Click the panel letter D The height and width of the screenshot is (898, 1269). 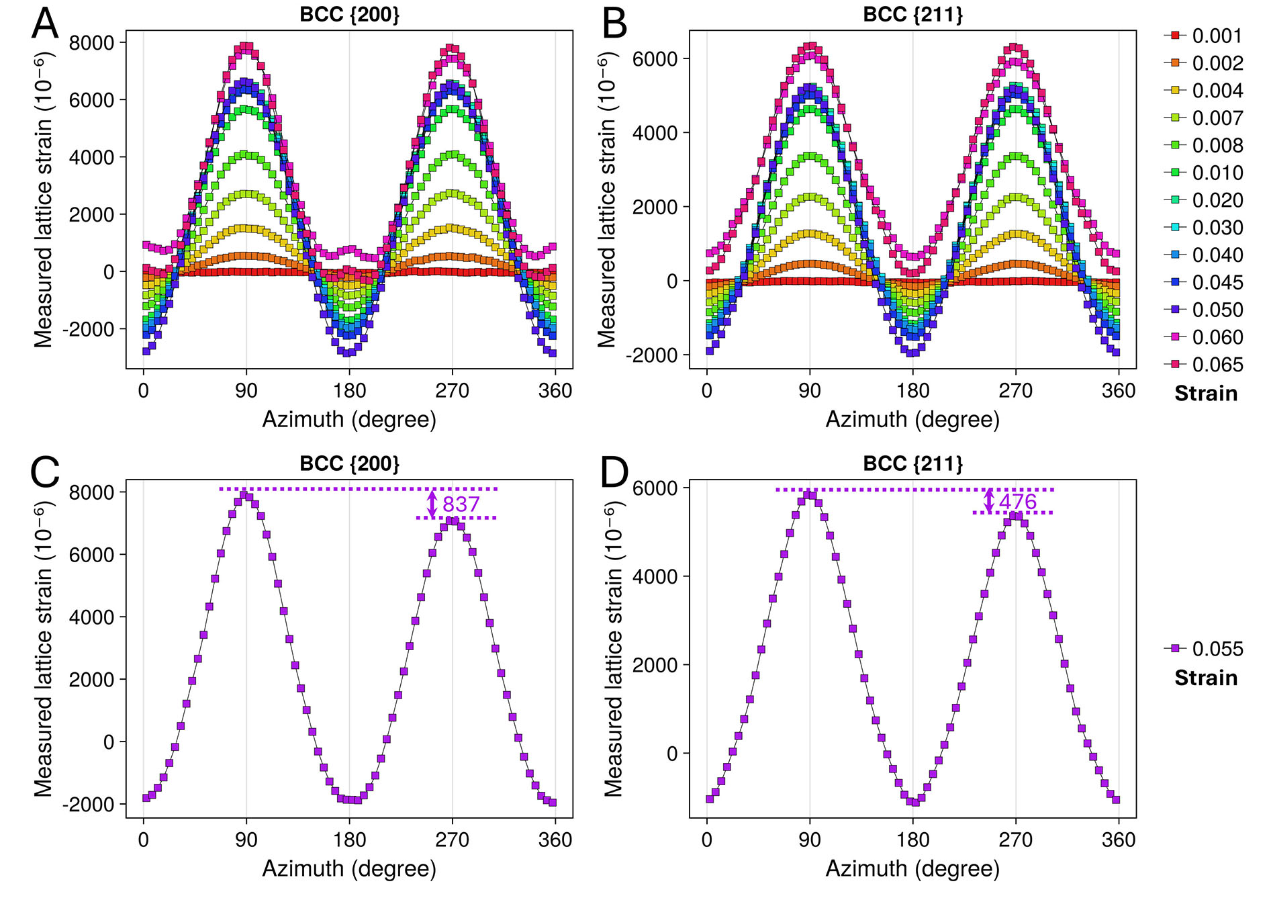(614, 473)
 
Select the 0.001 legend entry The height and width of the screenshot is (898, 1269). (1217, 36)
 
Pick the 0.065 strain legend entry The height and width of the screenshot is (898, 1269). (1217, 365)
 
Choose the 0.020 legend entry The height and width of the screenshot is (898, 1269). (1217, 200)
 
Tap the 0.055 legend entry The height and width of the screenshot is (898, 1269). (1217, 649)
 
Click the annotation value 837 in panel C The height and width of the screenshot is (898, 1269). (461, 504)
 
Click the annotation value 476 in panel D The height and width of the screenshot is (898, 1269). (1018, 502)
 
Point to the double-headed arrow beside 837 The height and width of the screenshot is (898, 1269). (432, 504)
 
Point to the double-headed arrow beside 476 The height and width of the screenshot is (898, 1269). (989, 501)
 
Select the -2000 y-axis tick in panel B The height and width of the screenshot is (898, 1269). (653, 355)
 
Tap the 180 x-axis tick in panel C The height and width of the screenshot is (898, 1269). (349, 840)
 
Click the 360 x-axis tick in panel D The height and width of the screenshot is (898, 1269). (1118, 840)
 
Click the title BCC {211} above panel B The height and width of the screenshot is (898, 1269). (912, 15)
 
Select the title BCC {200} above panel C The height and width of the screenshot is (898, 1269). (349, 463)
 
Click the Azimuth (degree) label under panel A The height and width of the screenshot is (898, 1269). (349, 419)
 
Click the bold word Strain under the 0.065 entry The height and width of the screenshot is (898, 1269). (1206, 394)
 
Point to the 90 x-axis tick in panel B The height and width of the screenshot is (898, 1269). (810, 391)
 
